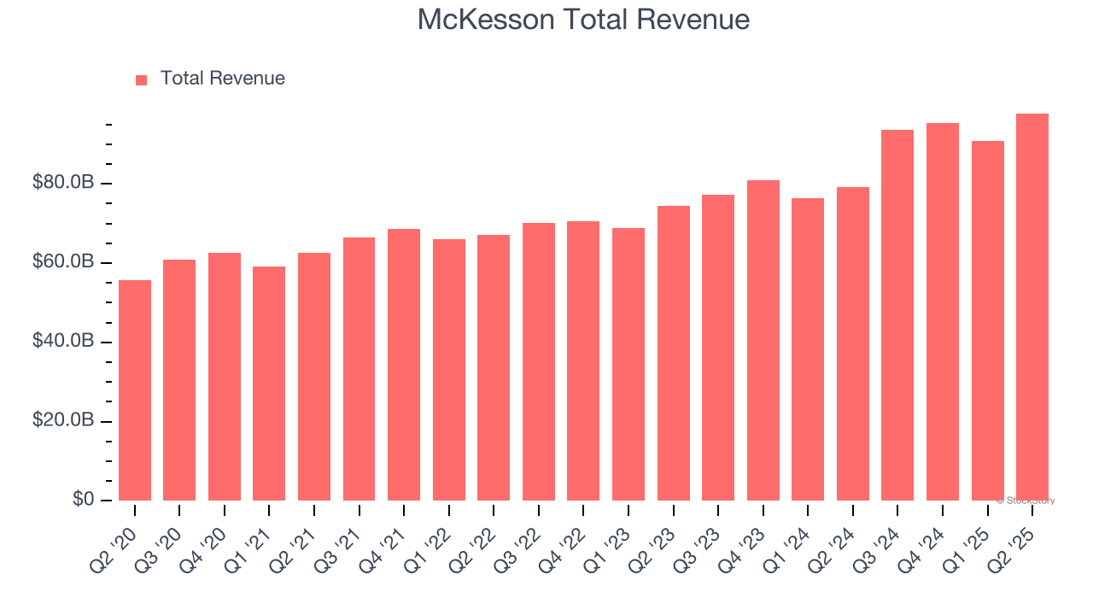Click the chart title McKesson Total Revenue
coord(583,20)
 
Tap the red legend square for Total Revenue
coord(142,79)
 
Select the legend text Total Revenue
coord(222,79)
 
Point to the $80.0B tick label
coord(62,183)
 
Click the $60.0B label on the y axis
coord(62,262)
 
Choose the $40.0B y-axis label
coord(62,342)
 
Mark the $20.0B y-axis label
coord(62,421)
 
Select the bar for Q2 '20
coord(135,390)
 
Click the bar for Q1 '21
coord(269,384)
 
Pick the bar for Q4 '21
coord(404,365)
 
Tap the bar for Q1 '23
coord(628,365)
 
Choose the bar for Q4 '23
coord(763,340)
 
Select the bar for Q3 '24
coord(897,315)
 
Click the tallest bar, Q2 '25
coord(1032,307)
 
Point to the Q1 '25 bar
coord(987,321)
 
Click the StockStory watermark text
coord(1025,501)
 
